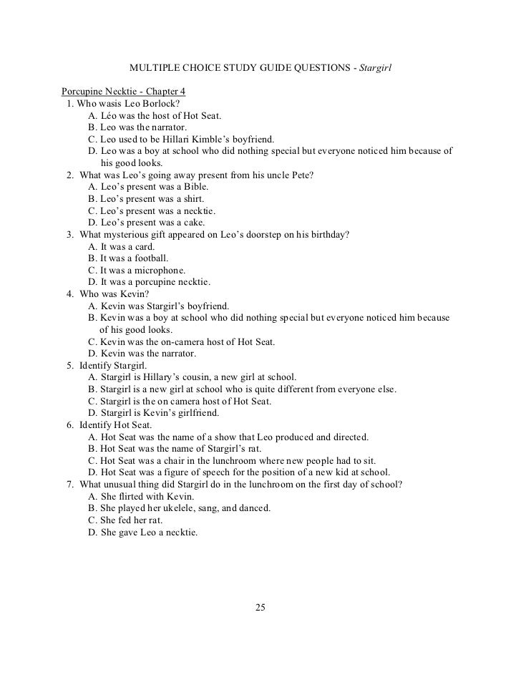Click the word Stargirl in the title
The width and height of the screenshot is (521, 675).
[x=375, y=69]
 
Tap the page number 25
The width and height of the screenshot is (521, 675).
[x=260, y=608]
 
